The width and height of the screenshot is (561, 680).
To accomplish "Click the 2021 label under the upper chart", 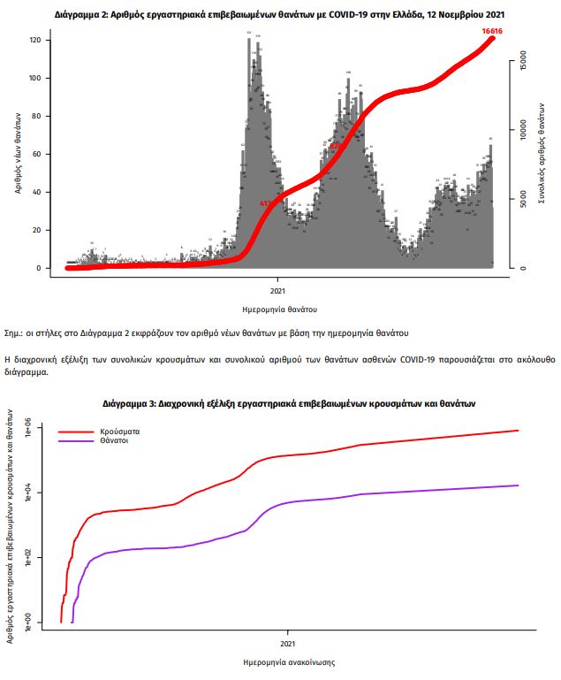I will pos(277,289).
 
